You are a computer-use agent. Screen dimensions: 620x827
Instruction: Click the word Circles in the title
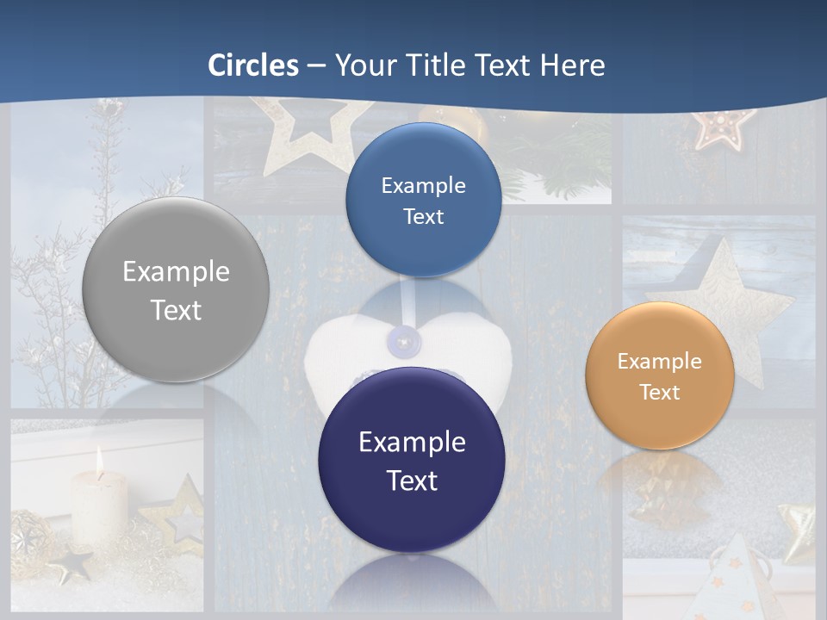[x=252, y=65]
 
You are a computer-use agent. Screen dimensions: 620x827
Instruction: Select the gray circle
[x=176, y=289]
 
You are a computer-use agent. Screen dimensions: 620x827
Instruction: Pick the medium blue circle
[x=423, y=200]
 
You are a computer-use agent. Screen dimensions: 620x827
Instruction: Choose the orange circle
[x=659, y=375]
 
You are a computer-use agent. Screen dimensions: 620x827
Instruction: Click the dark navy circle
[x=412, y=460]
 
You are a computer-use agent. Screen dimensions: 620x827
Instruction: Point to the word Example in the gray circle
[x=176, y=272]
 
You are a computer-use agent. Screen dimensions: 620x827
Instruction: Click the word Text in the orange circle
[x=660, y=393]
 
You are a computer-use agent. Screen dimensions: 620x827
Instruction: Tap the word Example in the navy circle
[x=412, y=443]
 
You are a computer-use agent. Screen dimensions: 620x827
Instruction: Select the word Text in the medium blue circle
[x=423, y=217]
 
